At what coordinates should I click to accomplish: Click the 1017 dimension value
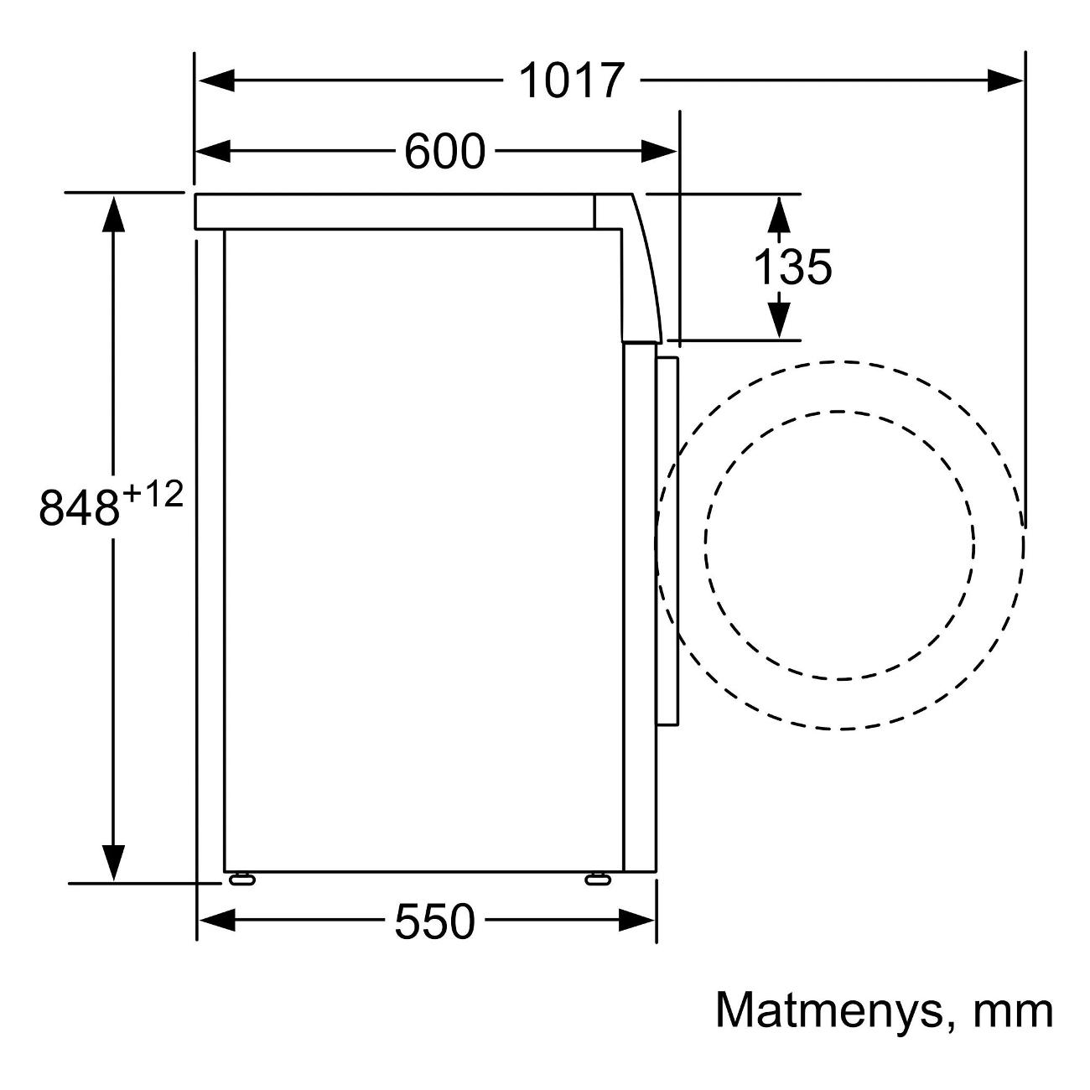tap(571, 80)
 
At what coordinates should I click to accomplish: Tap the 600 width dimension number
tap(444, 151)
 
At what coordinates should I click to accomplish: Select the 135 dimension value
tap(792, 267)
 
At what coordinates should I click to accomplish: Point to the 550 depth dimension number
tap(433, 921)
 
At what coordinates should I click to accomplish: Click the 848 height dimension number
tap(79, 506)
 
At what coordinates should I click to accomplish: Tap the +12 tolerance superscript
tap(153, 493)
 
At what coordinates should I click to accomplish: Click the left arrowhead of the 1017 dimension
tap(215, 80)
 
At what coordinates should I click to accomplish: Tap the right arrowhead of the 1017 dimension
tap(1006, 80)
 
